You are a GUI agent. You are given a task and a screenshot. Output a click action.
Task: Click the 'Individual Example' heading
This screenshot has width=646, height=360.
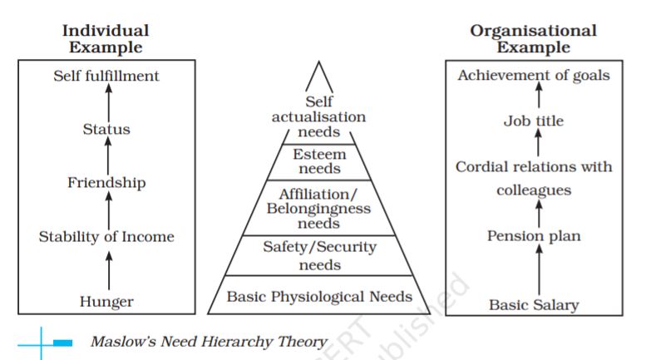(106, 38)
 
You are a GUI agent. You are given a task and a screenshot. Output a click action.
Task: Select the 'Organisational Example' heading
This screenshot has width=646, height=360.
(533, 38)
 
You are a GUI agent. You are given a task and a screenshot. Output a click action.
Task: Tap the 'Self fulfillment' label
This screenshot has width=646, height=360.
(106, 76)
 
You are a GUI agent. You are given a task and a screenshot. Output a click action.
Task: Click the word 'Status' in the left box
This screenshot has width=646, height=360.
(106, 129)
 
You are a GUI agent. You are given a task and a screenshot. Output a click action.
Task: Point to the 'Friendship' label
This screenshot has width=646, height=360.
(106, 182)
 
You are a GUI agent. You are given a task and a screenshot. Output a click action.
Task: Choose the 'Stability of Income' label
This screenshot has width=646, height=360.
(106, 237)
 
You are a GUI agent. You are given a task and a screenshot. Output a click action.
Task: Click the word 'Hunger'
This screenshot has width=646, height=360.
(106, 302)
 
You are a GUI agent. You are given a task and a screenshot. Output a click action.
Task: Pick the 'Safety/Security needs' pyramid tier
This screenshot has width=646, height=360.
(320, 255)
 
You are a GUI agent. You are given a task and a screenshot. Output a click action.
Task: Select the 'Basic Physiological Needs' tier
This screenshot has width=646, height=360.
(320, 296)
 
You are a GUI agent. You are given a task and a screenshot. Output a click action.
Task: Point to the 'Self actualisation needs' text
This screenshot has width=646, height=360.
(318, 117)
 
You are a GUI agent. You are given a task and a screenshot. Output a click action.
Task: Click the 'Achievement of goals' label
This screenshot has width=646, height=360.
(534, 76)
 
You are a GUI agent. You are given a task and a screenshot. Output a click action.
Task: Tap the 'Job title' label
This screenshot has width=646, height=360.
(534, 121)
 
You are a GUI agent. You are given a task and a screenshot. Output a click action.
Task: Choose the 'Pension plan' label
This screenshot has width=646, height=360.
(534, 236)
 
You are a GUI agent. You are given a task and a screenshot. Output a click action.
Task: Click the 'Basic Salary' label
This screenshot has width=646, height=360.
(534, 305)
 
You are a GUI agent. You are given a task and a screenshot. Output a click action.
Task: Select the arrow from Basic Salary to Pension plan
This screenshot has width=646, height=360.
(539, 270)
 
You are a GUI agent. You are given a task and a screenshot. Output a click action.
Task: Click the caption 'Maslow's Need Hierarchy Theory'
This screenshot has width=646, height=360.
(208, 341)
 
